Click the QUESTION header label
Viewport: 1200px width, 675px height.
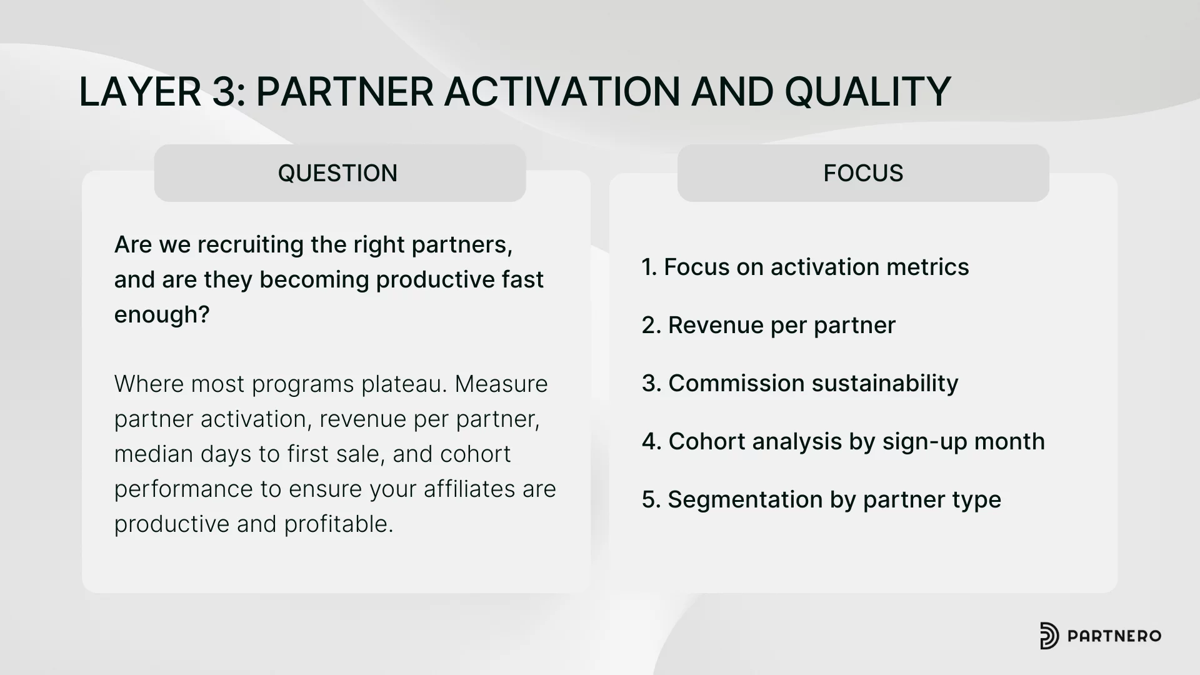(x=337, y=173)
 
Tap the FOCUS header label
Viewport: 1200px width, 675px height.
(x=863, y=173)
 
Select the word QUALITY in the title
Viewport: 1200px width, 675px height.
(x=868, y=92)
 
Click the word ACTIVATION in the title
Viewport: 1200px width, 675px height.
(x=562, y=92)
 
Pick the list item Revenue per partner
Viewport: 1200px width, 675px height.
(x=769, y=325)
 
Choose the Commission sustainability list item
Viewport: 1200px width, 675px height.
(x=800, y=383)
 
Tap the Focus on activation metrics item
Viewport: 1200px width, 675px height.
(x=806, y=267)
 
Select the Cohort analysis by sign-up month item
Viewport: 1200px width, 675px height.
(x=843, y=441)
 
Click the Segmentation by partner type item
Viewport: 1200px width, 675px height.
(x=821, y=499)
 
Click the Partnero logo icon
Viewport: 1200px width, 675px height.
(x=1049, y=636)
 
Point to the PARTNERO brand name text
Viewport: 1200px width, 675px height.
(x=1114, y=636)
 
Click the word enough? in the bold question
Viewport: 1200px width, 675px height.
(x=162, y=314)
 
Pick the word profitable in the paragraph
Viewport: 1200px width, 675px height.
(x=339, y=524)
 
